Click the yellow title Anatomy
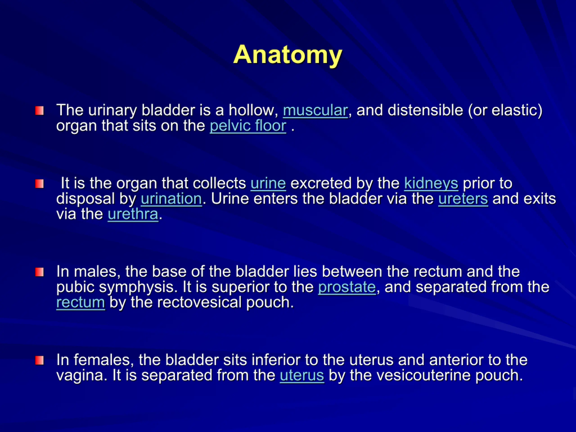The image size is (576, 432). [288, 55]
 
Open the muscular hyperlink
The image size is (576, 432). [315, 110]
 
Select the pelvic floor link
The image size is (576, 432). [248, 126]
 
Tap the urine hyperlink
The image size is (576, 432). [268, 183]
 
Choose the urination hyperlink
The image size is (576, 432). [171, 199]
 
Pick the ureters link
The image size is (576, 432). [463, 199]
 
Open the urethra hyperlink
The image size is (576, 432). [133, 214]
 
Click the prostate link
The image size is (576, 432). [347, 288]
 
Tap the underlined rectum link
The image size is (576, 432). [81, 303]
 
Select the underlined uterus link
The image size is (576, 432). [302, 376]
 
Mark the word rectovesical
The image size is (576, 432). [199, 303]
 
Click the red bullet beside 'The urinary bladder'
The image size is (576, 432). [40, 111]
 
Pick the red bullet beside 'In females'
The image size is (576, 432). [40, 361]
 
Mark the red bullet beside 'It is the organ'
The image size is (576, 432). [40, 184]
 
